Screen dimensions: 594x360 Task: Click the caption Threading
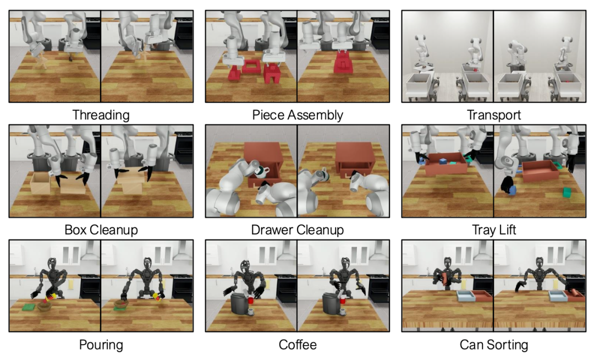(101, 115)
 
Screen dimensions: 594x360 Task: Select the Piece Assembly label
(298, 115)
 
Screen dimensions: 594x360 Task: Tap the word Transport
(493, 115)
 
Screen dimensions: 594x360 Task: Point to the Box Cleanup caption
(101, 230)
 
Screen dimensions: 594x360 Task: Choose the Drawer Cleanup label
(298, 230)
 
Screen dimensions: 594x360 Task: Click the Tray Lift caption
(493, 230)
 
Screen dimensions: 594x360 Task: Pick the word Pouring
(101, 345)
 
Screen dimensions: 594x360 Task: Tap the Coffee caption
(298, 345)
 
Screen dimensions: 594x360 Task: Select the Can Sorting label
(493, 345)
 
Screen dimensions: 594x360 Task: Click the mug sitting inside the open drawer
(261, 172)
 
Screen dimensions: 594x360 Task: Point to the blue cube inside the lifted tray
(443, 161)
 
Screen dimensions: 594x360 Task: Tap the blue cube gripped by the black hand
(512, 190)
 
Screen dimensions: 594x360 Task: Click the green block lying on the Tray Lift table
(567, 193)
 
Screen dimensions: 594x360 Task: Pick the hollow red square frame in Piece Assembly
(250, 67)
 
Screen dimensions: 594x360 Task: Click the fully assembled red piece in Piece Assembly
(343, 63)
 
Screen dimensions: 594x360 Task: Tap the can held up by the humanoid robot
(446, 279)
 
